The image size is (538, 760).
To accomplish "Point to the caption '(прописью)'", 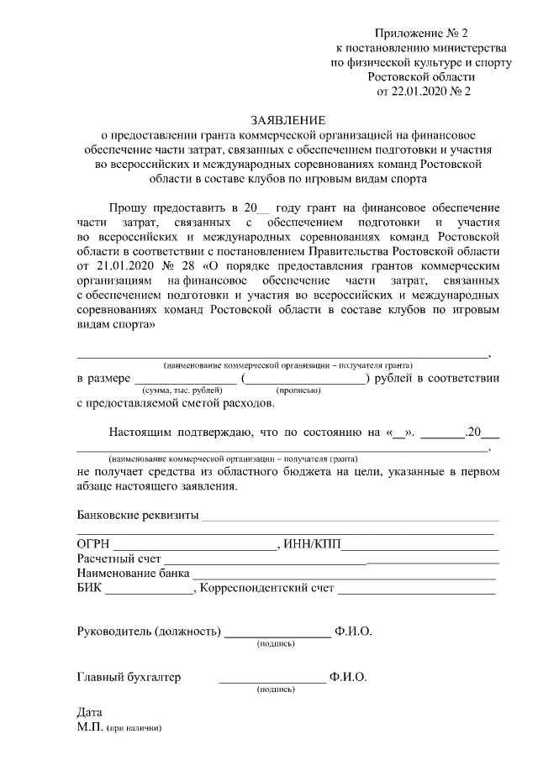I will pos(298,391).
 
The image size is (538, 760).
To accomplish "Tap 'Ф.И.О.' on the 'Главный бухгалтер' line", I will pos(348,678).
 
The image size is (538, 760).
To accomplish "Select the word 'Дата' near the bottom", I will pos(89,712).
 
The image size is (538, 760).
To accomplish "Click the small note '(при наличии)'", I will pos(133,727).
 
